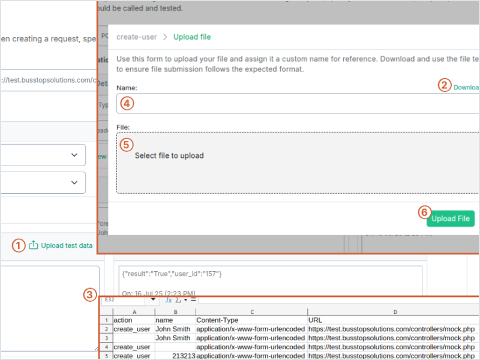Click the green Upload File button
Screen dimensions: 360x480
(x=451, y=219)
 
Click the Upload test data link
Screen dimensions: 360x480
(x=67, y=245)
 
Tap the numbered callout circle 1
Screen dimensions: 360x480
(x=19, y=245)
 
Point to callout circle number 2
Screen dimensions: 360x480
(x=443, y=85)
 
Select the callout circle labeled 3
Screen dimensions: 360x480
(x=89, y=295)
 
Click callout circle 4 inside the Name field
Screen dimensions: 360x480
(x=126, y=103)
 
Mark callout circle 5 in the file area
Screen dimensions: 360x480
(x=126, y=145)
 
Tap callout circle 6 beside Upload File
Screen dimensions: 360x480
(x=424, y=212)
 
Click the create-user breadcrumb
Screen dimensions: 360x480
(x=136, y=37)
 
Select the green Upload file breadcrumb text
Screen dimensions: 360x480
(x=192, y=37)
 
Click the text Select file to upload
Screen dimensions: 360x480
(x=169, y=156)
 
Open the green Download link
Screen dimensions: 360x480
(x=467, y=88)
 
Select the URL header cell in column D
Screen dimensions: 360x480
(x=315, y=320)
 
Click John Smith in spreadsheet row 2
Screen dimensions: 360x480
(x=173, y=329)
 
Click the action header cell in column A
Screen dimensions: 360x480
(x=123, y=320)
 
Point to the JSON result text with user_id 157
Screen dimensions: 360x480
(x=172, y=274)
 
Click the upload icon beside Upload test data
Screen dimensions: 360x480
(x=34, y=245)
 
